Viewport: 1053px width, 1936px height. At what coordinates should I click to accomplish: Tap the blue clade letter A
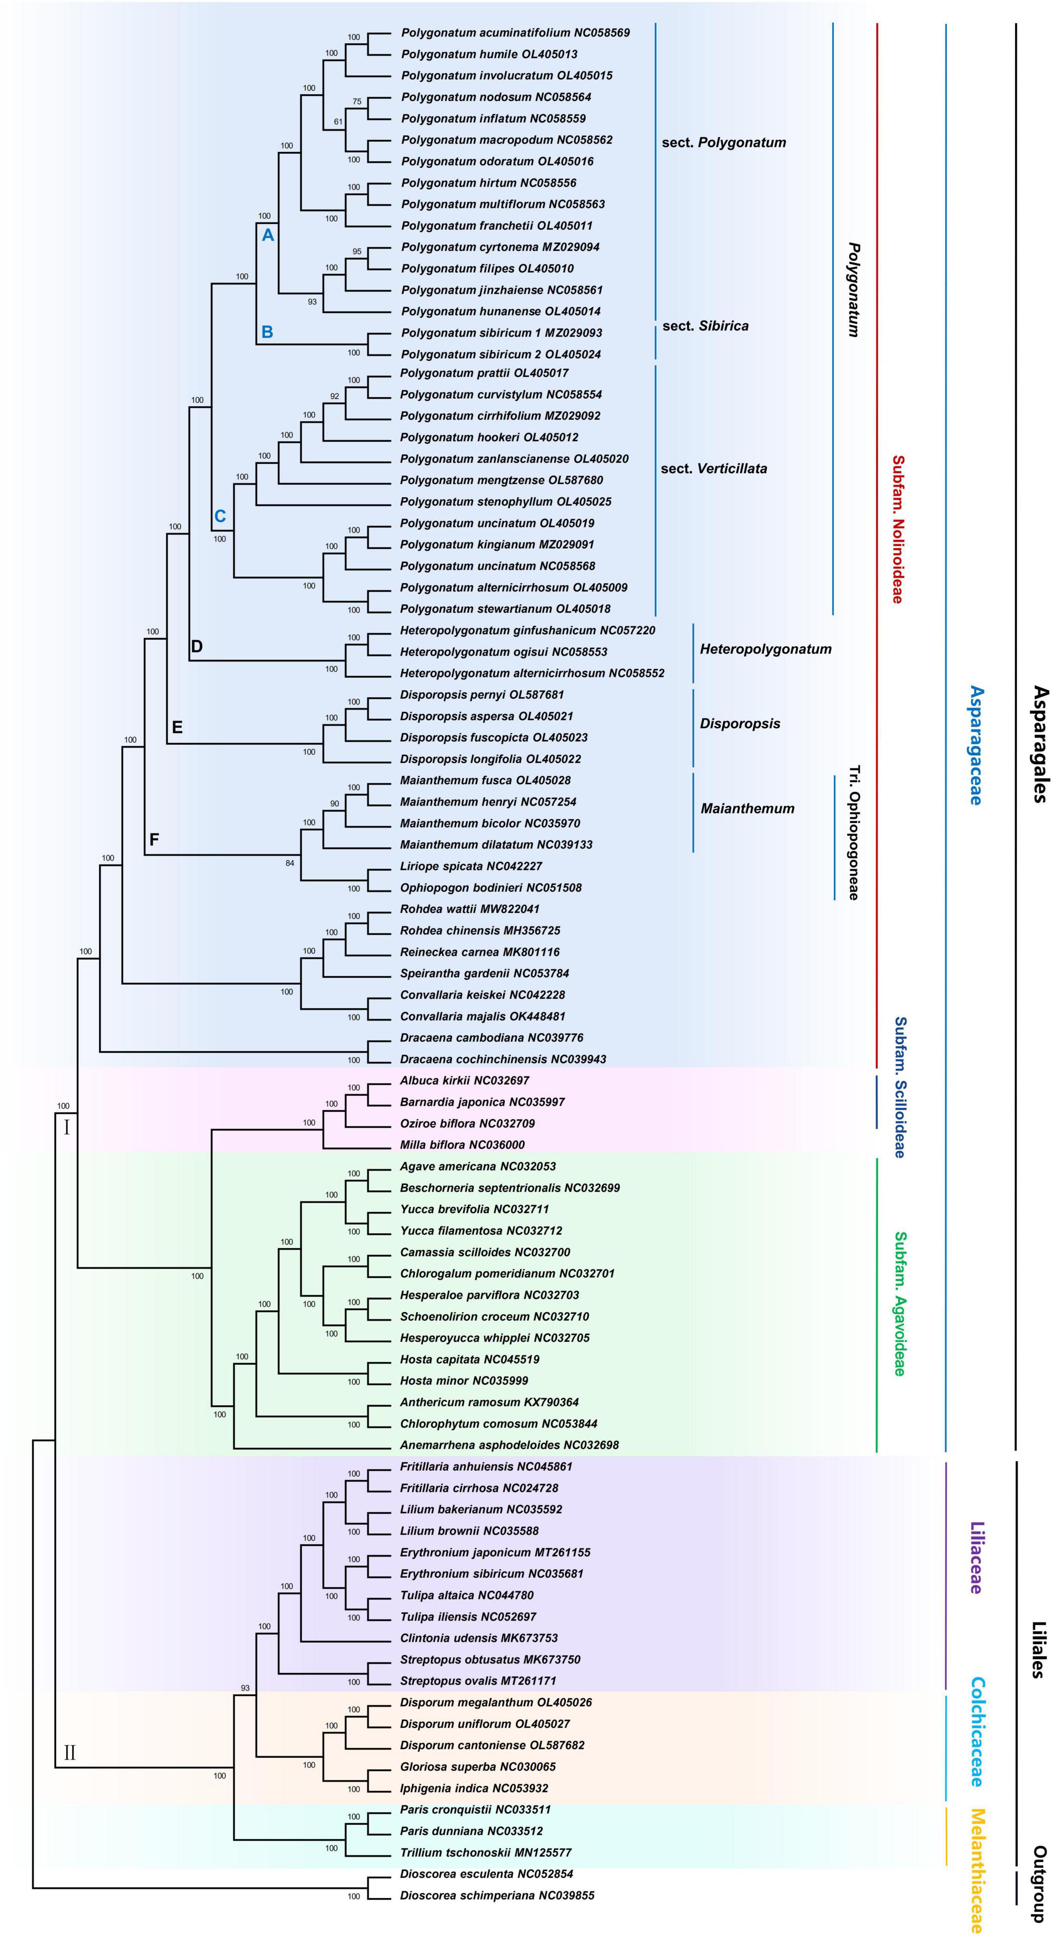point(267,235)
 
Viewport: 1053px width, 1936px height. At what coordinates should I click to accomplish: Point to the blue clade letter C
point(220,516)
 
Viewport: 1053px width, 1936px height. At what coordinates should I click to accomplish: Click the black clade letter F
point(154,839)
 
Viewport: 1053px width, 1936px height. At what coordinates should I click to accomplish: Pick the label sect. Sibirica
point(705,325)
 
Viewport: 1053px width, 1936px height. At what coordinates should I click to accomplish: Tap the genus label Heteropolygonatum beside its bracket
point(765,648)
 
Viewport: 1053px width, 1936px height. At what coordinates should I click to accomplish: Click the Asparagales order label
point(1039,744)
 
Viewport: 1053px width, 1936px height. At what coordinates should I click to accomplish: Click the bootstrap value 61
point(338,122)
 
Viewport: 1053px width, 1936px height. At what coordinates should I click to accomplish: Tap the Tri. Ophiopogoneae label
point(854,833)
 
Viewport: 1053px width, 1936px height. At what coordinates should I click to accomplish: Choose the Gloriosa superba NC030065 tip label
point(477,1766)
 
